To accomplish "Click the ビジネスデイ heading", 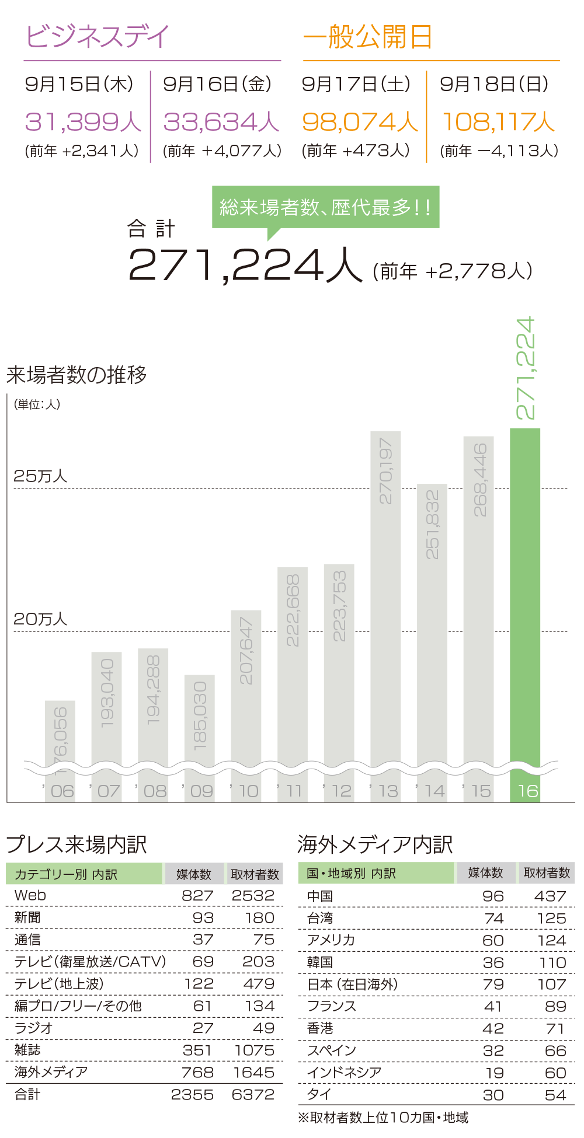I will pos(98,37).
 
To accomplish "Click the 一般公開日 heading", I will pos(367,37).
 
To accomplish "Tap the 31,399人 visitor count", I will pos(83,122).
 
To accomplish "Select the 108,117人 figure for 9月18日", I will pos(498,122).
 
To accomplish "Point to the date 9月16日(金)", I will pos(217,84).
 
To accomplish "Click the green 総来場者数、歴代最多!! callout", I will pos(325,207).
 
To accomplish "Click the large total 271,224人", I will pos(245,266).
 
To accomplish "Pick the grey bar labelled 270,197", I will pos(385,595).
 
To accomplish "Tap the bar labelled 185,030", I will pos(200,718).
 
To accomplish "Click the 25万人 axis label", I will pos(40,476).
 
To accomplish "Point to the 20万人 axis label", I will pos(40,619).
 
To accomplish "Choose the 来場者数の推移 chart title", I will pos(77,375).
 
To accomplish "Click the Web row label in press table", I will pos(30,895).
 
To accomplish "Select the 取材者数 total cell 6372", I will pos(253,1095).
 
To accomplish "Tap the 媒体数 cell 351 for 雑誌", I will pos(197,1050).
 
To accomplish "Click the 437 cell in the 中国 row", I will pos(550,896).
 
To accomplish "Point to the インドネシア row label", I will pos(344,1073).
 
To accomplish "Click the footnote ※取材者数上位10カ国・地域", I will pos(383,1118).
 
